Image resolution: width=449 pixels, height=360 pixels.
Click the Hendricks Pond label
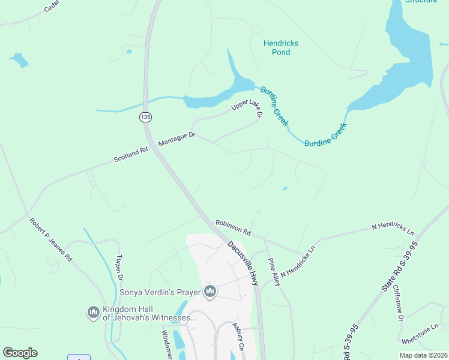point(281,48)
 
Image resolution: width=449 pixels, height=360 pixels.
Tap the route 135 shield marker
point(145,117)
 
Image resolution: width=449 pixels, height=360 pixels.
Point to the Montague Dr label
point(177,140)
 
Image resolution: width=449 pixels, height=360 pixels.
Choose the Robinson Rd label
point(233,226)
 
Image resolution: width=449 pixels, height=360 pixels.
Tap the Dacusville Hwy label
point(243,263)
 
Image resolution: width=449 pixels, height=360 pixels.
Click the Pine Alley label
point(274,272)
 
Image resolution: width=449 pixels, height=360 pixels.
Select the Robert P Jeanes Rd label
point(50,239)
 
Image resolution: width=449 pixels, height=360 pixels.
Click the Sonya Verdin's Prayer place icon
point(210,292)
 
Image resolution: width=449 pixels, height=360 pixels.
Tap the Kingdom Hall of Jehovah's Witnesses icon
point(93,313)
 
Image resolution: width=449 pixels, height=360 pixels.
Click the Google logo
point(20,353)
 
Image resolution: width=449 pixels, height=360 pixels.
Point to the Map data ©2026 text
point(424,355)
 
